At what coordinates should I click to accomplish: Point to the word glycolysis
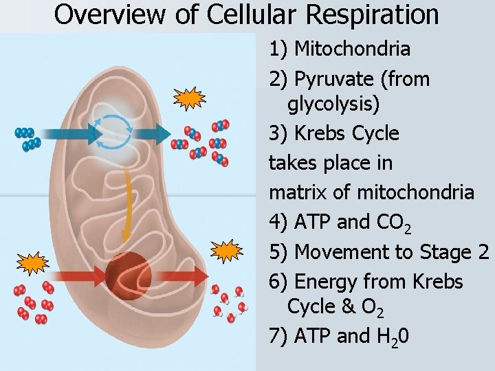(333, 104)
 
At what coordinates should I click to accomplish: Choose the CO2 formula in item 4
(394, 223)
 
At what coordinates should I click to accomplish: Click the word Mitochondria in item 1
(352, 49)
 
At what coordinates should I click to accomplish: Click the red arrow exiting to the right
(183, 276)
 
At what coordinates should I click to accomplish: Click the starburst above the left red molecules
(31, 262)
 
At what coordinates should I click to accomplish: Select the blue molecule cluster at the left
(28, 137)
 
